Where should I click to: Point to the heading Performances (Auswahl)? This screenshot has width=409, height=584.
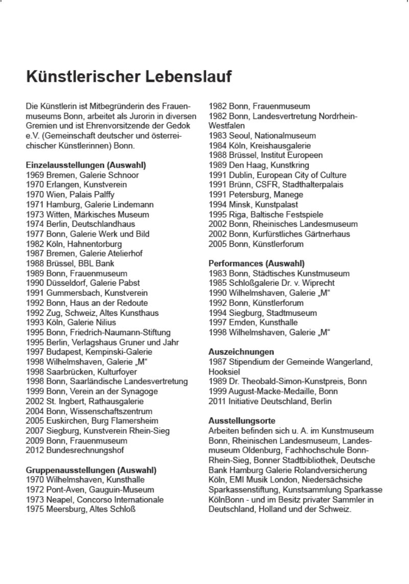click(x=257, y=264)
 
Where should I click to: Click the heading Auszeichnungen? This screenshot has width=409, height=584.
click(x=241, y=352)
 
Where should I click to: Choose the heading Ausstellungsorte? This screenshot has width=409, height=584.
click(x=242, y=421)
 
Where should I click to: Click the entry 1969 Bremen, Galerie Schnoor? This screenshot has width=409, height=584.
click(x=82, y=175)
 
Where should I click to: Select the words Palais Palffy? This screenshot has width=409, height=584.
click(x=94, y=195)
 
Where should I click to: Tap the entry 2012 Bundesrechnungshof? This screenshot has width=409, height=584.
click(x=75, y=450)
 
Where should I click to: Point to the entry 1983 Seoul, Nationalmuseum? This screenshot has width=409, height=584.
click(x=262, y=135)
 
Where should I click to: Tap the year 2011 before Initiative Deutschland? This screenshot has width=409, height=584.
click(x=217, y=401)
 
